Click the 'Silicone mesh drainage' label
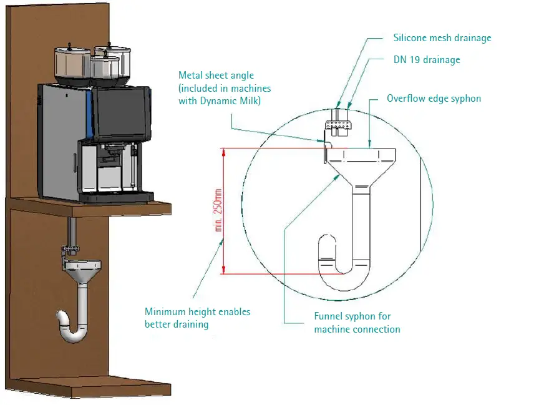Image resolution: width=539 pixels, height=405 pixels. [442, 38]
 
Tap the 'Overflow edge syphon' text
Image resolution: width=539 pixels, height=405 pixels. [434, 99]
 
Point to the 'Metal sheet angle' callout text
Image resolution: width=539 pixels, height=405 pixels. [216, 76]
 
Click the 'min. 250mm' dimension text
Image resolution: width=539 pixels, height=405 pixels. [219, 211]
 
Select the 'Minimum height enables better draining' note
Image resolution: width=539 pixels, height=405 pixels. [197, 318]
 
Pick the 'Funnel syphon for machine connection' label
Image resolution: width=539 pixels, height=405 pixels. [357, 323]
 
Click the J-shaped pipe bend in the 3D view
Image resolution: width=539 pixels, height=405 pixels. [71, 325]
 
